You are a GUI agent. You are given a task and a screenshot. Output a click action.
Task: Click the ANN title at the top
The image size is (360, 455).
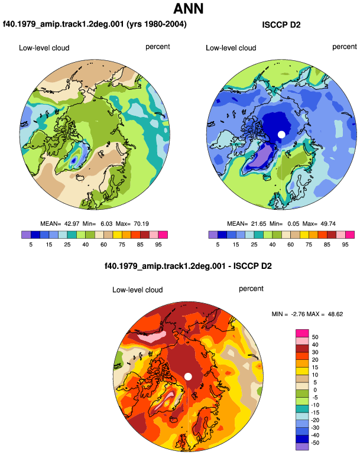click(x=188, y=8)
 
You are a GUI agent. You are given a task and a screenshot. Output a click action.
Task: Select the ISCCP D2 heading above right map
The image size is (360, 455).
click(x=281, y=25)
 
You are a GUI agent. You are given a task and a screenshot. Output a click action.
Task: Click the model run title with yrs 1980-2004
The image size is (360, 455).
click(x=95, y=24)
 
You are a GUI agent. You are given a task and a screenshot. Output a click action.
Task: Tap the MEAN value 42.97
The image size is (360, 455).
click(x=72, y=224)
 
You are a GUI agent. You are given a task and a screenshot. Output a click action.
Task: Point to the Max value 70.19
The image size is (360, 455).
click(x=141, y=224)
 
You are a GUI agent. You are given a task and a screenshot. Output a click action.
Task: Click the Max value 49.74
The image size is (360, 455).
click(x=328, y=224)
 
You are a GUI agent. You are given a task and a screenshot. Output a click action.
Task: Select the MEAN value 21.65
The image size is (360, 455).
click(x=259, y=224)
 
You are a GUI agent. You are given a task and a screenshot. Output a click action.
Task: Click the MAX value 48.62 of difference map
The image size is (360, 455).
click(x=335, y=314)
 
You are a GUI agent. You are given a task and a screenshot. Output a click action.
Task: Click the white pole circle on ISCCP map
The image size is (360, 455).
click(x=281, y=135)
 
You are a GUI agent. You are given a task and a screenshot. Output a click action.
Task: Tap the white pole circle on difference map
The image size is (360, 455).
click(x=188, y=376)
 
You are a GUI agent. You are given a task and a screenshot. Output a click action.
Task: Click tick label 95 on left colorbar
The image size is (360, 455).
click(x=158, y=245)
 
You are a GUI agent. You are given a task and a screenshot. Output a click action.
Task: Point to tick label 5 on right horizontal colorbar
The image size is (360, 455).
click(x=218, y=245)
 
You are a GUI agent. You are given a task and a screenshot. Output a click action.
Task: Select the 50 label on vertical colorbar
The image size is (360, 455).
click(x=315, y=337)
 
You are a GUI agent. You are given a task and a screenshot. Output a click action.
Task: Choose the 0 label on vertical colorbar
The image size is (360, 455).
click(x=315, y=390)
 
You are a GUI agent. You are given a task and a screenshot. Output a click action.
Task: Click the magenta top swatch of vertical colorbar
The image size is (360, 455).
click(x=302, y=333)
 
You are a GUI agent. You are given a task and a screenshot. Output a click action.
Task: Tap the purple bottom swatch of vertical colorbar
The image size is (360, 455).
click(x=302, y=447)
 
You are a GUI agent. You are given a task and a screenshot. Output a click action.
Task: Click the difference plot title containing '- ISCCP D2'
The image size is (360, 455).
click(x=188, y=266)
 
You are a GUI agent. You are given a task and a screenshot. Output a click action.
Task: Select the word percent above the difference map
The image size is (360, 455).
click(x=251, y=289)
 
